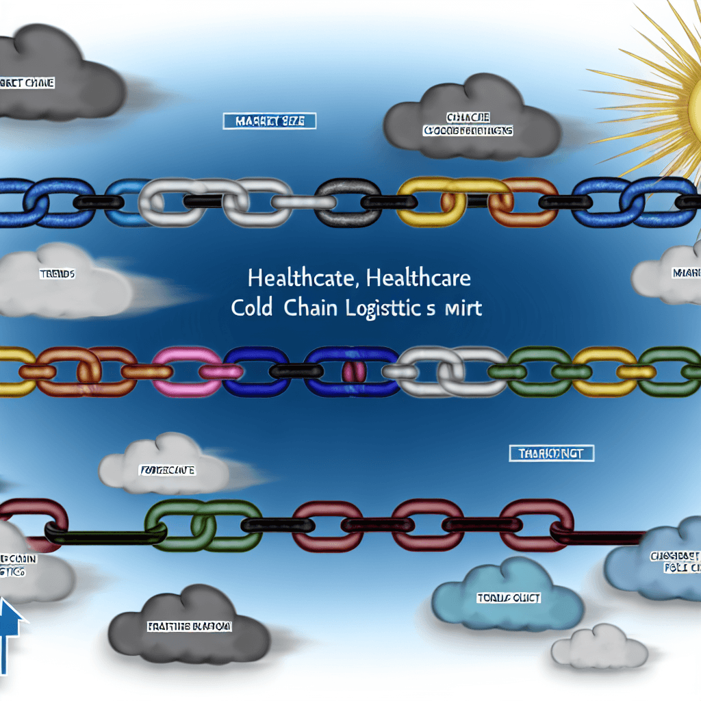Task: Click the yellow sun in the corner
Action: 685,96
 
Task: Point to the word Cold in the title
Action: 252,308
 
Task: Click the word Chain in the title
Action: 307,308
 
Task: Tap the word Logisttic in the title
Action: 391,308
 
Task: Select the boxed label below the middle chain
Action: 552,453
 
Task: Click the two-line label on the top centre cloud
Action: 468,124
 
